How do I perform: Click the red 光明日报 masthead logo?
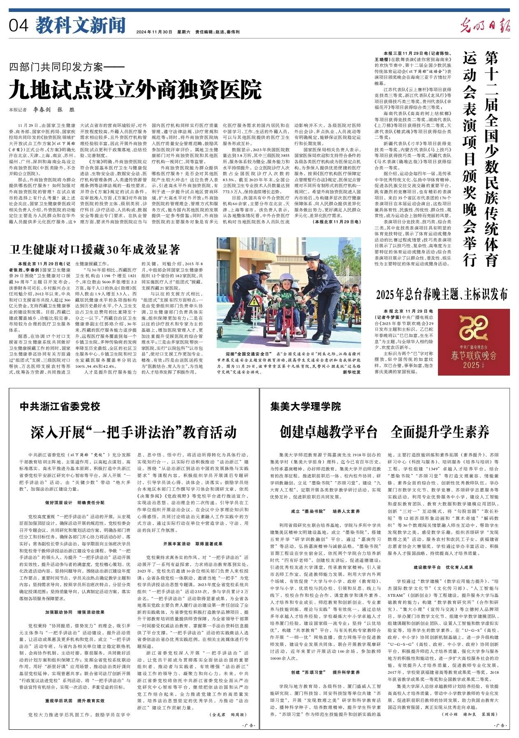pyautogui.click(x=486, y=26)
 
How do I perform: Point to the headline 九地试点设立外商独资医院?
pyautogui.click(x=135, y=89)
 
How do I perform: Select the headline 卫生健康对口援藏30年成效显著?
pyautogui.click(x=95, y=249)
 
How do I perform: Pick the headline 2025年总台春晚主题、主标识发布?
pyautogui.click(x=442, y=295)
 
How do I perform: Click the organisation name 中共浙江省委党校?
pyautogui.click(x=60, y=406)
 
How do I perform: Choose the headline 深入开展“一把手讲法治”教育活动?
pyautogui.click(x=134, y=432)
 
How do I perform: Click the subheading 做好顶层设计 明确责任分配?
pyautogui.click(x=75, y=502)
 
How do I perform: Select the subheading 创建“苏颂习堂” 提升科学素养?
pyautogui.click(x=325, y=672)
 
